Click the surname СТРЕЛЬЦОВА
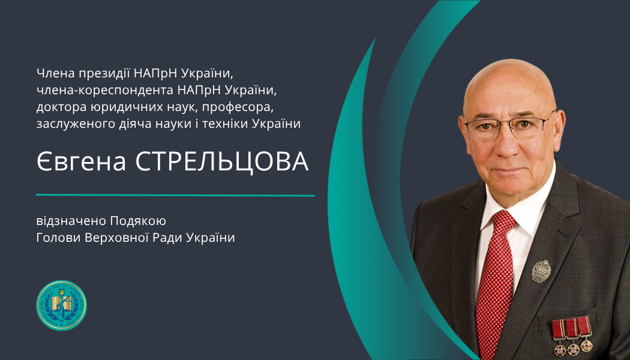(x=222, y=161)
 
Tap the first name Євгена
(x=81, y=161)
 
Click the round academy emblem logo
(x=61, y=305)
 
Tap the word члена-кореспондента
(x=105, y=91)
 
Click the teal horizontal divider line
(x=176, y=195)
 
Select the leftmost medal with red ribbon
(x=559, y=337)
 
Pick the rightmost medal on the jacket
(x=585, y=334)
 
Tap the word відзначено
(x=71, y=221)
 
